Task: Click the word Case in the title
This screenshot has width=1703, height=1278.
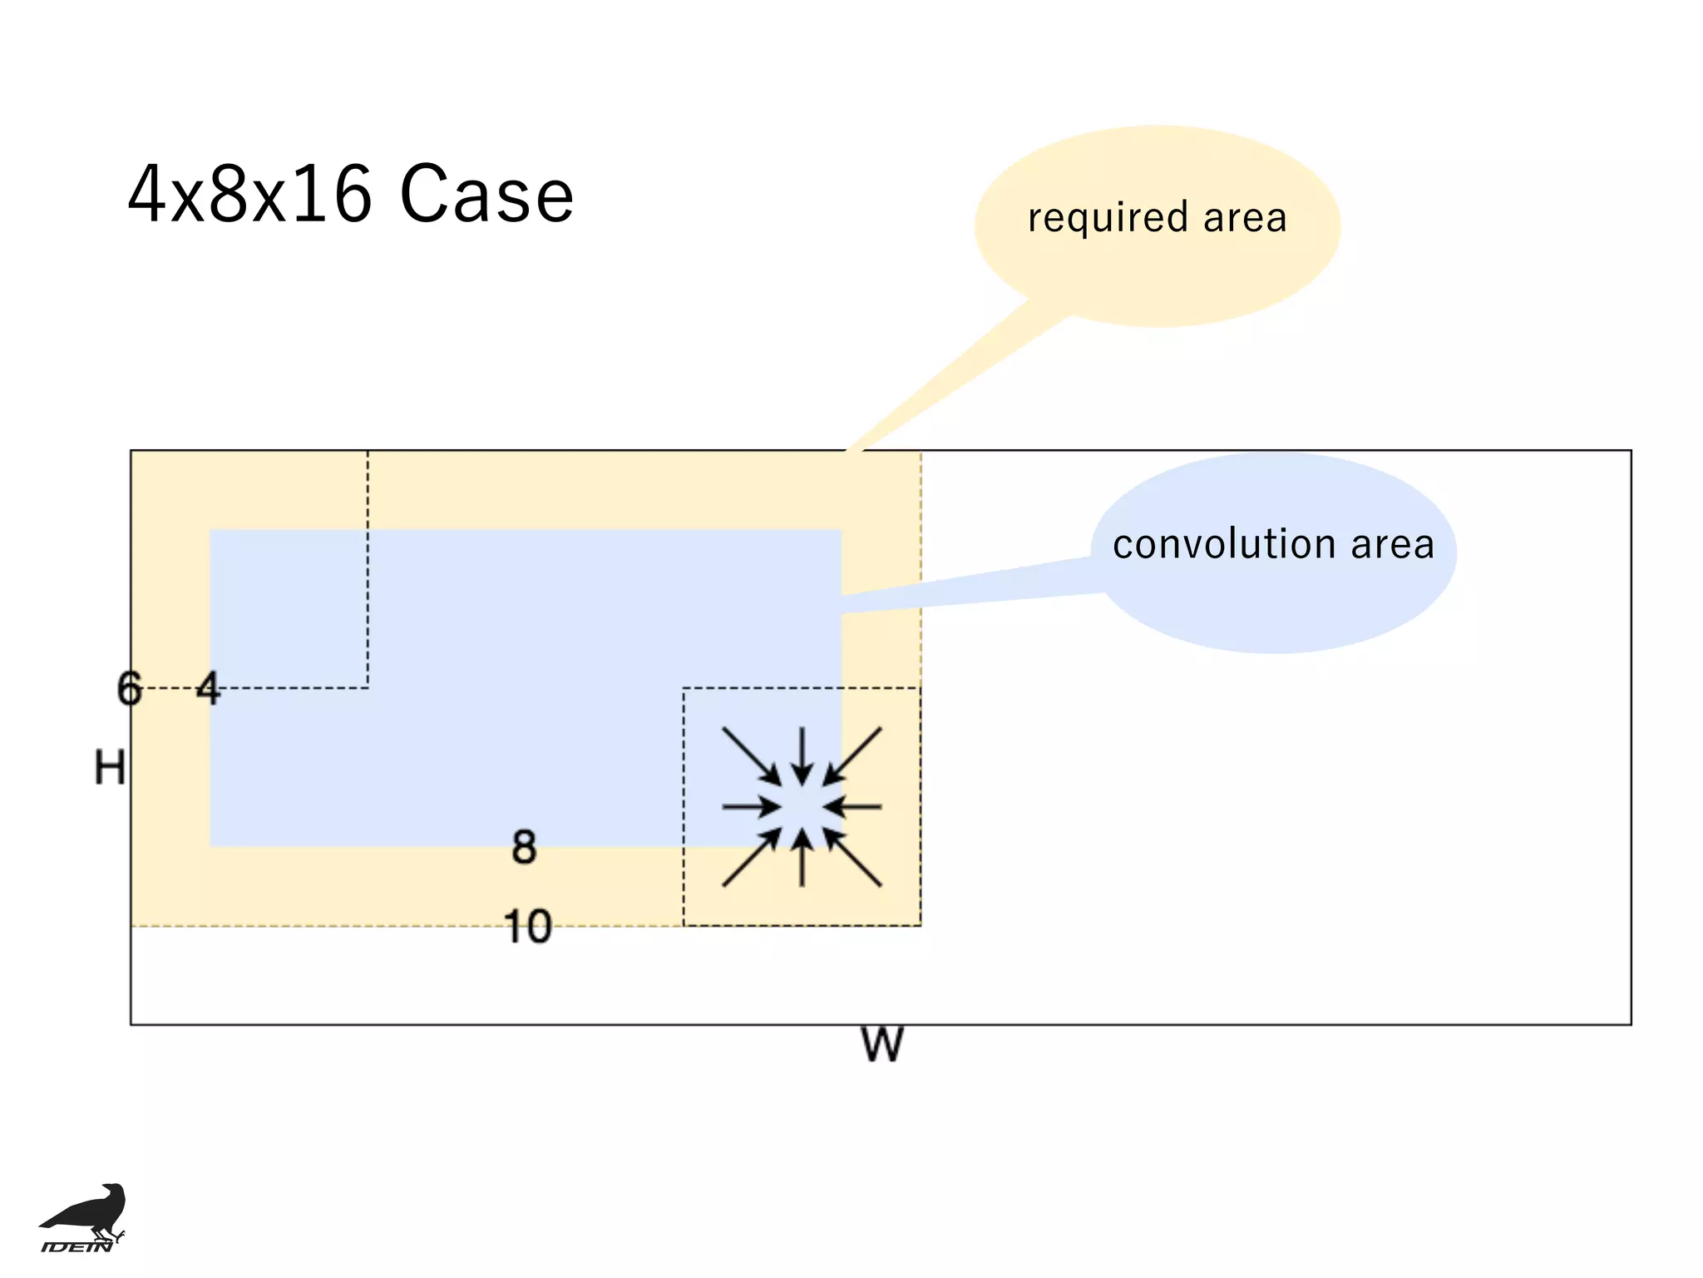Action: [x=486, y=195]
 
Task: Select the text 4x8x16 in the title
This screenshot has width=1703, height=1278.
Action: [x=249, y=195]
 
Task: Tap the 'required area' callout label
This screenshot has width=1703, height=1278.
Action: [x=1157, y=218]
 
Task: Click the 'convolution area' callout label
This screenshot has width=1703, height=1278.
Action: [x=1273, y=545]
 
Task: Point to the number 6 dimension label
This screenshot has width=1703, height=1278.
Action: [x=130, y=689]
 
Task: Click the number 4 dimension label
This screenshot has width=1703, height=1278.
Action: [x=208, y=689]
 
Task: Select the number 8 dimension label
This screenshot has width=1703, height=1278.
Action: [x=524, y=848]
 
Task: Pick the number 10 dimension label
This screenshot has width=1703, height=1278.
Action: [x=528, y=926]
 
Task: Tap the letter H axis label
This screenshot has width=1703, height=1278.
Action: [x=110, y=767]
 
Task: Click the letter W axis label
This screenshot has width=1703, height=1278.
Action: [x=881, y=1045]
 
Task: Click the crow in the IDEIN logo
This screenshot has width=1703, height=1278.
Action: [x=87, y=1211]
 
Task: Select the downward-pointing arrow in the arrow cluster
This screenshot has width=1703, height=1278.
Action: [x=802, y=755]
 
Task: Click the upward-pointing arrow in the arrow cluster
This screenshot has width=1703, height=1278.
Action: [x=802, y=857]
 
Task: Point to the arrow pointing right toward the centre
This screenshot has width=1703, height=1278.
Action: [x=751, y=806]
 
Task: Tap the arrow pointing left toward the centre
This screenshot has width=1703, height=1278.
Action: [x=853, y=806]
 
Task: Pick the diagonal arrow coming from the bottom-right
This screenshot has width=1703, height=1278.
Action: [x=853, y=858]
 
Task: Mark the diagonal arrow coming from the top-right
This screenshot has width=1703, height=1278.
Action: [x=853, y=755]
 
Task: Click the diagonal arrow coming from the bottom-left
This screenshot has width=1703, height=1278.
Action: [x=751, y=858]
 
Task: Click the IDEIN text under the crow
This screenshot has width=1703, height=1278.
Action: [x=77, y=1246]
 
